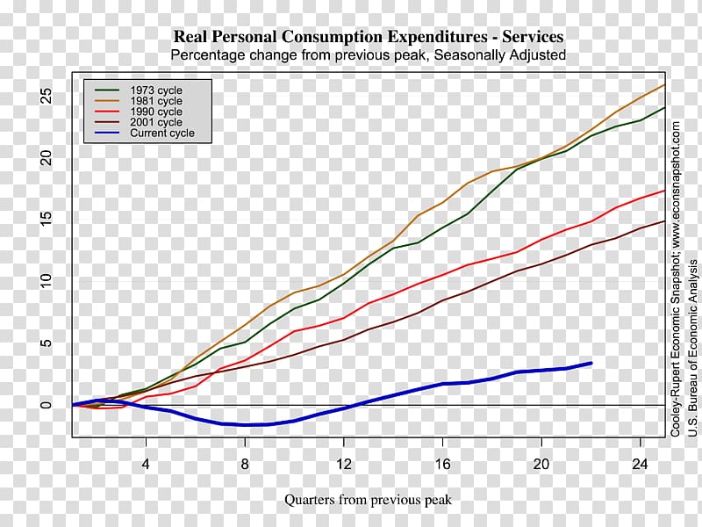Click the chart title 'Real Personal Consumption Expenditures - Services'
tap(369, 37)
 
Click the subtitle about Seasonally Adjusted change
tap(369, 54)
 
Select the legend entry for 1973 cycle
tap(156, 90)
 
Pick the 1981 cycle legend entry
tap(156, 101)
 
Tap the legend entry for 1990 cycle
tap(156, 112)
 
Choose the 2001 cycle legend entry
tap(156, 122)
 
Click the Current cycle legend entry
tap(162, 134)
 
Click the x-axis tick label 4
tap(146, 463)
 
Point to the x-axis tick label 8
tap(245, 463)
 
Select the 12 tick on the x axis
tap(344, 463)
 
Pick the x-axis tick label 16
tap(443, 463)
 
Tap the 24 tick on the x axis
tap(641, 463)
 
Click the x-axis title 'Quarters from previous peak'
tap(368, 500)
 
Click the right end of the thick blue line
tap(591, 363)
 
